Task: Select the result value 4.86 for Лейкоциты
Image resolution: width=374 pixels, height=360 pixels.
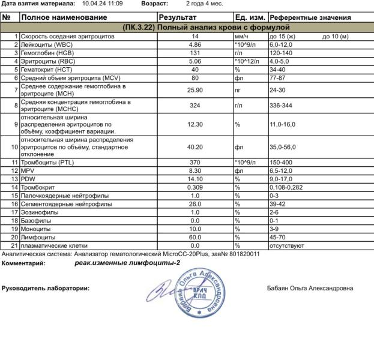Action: coord(195,45)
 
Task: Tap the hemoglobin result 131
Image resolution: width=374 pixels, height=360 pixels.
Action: coord(195,53)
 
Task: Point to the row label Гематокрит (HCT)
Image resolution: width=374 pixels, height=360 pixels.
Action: coord(47,70)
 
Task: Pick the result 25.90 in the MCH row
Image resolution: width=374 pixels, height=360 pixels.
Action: coord(195,91)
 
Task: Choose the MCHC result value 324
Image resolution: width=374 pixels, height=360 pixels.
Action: coord(195,106)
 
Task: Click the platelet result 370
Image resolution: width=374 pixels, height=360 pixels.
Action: coord(195,163)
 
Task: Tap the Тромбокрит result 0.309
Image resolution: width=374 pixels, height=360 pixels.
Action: coord(195,187)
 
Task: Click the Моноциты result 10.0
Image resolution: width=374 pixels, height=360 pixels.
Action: coord(195,229)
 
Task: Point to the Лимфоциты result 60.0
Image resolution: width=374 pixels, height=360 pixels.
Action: coord(195,237)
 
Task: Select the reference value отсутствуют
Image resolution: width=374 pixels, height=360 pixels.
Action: coord(288,245)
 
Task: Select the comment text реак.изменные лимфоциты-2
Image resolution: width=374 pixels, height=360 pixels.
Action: coord(127,263)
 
